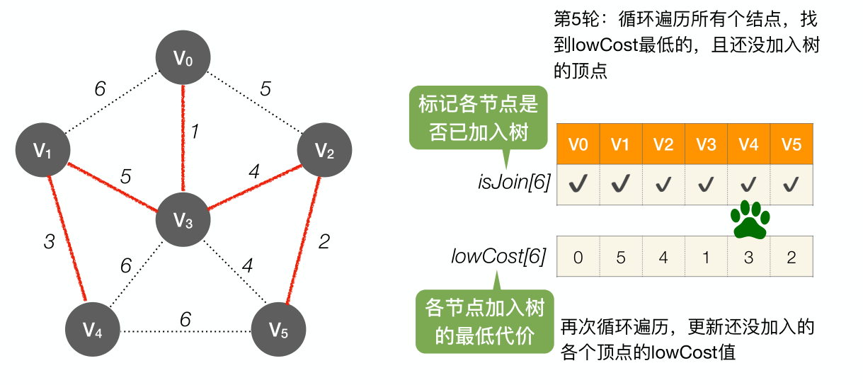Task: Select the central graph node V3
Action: pyautogui.click(x=183, y=220)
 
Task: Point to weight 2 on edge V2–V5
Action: pyautogui.click(x=324, y=242)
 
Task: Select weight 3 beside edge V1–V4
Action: pyautogui.click(x=49, y=242)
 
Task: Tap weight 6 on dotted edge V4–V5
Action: pyautogui.click(x=185, y=319)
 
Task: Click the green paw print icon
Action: pyautogui.click(x=749, y=219)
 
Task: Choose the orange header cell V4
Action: pyautogui.click(x=748, y=144)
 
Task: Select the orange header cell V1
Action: pyautogui.click(x=621, y=144)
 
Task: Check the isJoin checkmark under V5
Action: pyautogui.click(x=791, y=185)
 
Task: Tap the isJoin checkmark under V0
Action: pyautogui.click(x=578, y=185)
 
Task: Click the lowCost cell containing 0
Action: pyautogui.click(x=578, y=256)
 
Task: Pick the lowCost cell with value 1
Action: pyautogui.click(x=706, y=256)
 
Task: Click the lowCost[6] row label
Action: pyautogui.click(x=498, y=256)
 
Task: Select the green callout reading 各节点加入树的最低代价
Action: pyautogui.click(x=485, y=321)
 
